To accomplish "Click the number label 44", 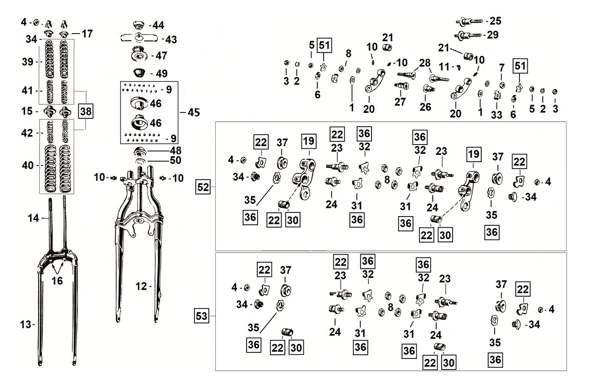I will point(159,25).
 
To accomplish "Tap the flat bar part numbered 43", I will point(138,38).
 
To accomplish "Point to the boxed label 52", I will point(203,188).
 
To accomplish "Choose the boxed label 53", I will point(203,317).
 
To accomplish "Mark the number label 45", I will point(193,113).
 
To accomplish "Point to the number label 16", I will point(58,280).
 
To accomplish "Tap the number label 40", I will point(27,165).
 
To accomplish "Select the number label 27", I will point(400,102).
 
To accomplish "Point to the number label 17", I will point(87,34).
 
